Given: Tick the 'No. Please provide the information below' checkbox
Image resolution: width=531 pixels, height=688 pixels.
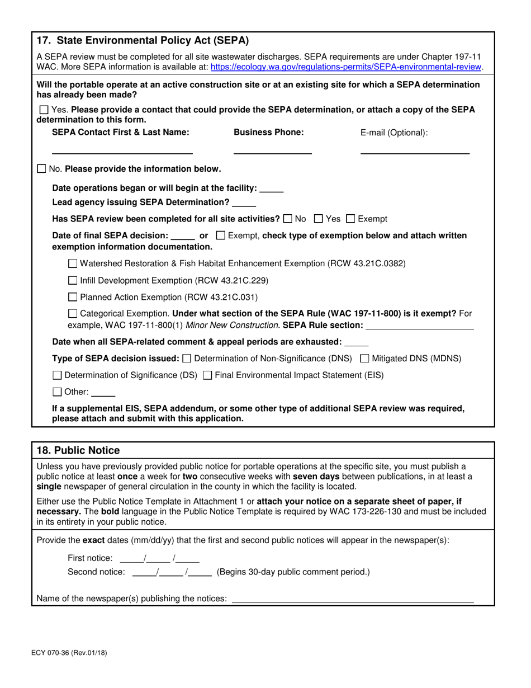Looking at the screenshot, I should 41,169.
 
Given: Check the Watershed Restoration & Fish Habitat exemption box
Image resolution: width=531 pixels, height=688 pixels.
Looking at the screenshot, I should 73,263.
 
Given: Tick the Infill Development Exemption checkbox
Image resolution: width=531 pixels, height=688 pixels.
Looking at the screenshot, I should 73,280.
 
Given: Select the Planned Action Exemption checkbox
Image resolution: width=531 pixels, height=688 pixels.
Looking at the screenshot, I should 73,297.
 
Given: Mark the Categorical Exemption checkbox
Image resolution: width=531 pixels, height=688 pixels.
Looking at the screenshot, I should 73,314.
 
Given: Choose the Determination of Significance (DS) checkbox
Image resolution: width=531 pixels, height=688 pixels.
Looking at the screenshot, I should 58,375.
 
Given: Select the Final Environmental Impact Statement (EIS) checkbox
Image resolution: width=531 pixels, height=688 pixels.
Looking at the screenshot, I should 207,375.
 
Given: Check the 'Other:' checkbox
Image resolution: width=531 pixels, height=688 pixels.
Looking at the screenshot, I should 58,392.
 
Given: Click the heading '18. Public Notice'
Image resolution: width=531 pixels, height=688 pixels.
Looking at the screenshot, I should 78,450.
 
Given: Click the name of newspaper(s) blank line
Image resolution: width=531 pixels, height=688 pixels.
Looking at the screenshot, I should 352,599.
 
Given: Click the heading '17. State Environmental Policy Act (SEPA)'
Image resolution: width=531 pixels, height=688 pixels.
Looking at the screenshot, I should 143,40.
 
